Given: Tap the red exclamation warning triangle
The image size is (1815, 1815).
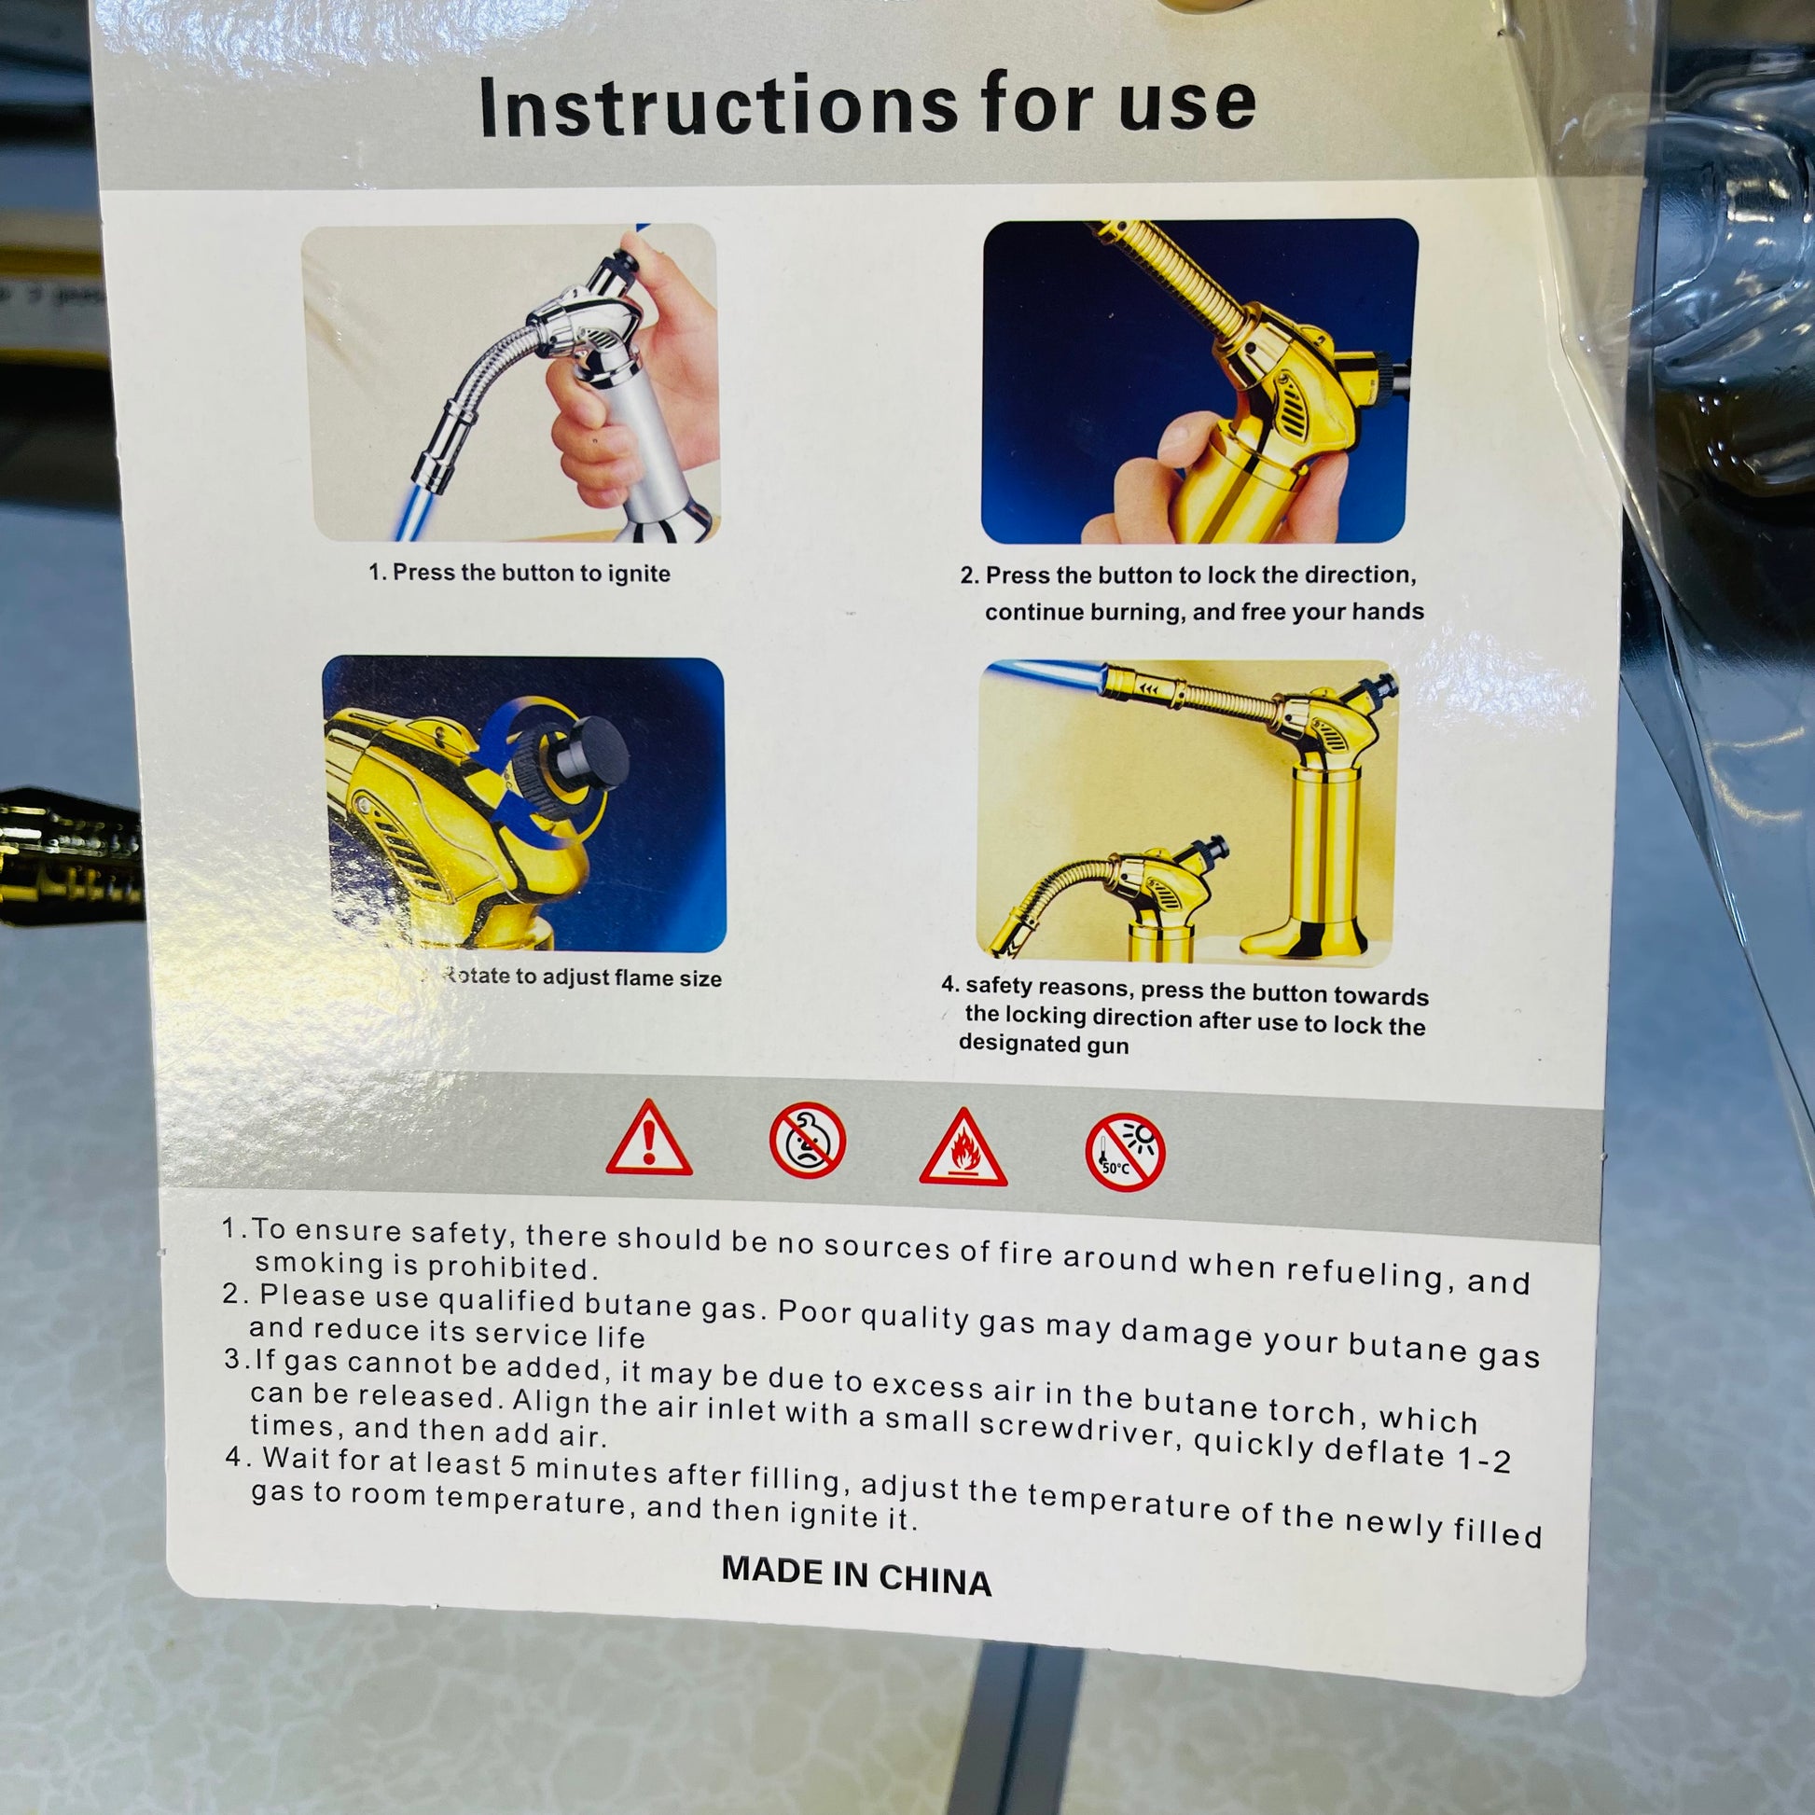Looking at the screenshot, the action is click(x=649, y=1141).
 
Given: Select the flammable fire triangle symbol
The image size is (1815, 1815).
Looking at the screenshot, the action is click(x=963, y=1148).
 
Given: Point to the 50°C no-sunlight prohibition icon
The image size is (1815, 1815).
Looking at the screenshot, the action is click(x=1125, y=1153).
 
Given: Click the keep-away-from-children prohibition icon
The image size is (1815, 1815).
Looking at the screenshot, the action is click(x=807, y=1140).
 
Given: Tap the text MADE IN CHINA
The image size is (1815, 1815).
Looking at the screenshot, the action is click(x=856, y=1576).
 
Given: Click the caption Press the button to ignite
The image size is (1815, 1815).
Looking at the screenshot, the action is click(x=531, y=572).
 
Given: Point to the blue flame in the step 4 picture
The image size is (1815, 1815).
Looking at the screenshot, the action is click(x=1047, y=674).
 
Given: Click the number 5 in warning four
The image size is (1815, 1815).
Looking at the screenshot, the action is click(x=520, y=1465).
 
